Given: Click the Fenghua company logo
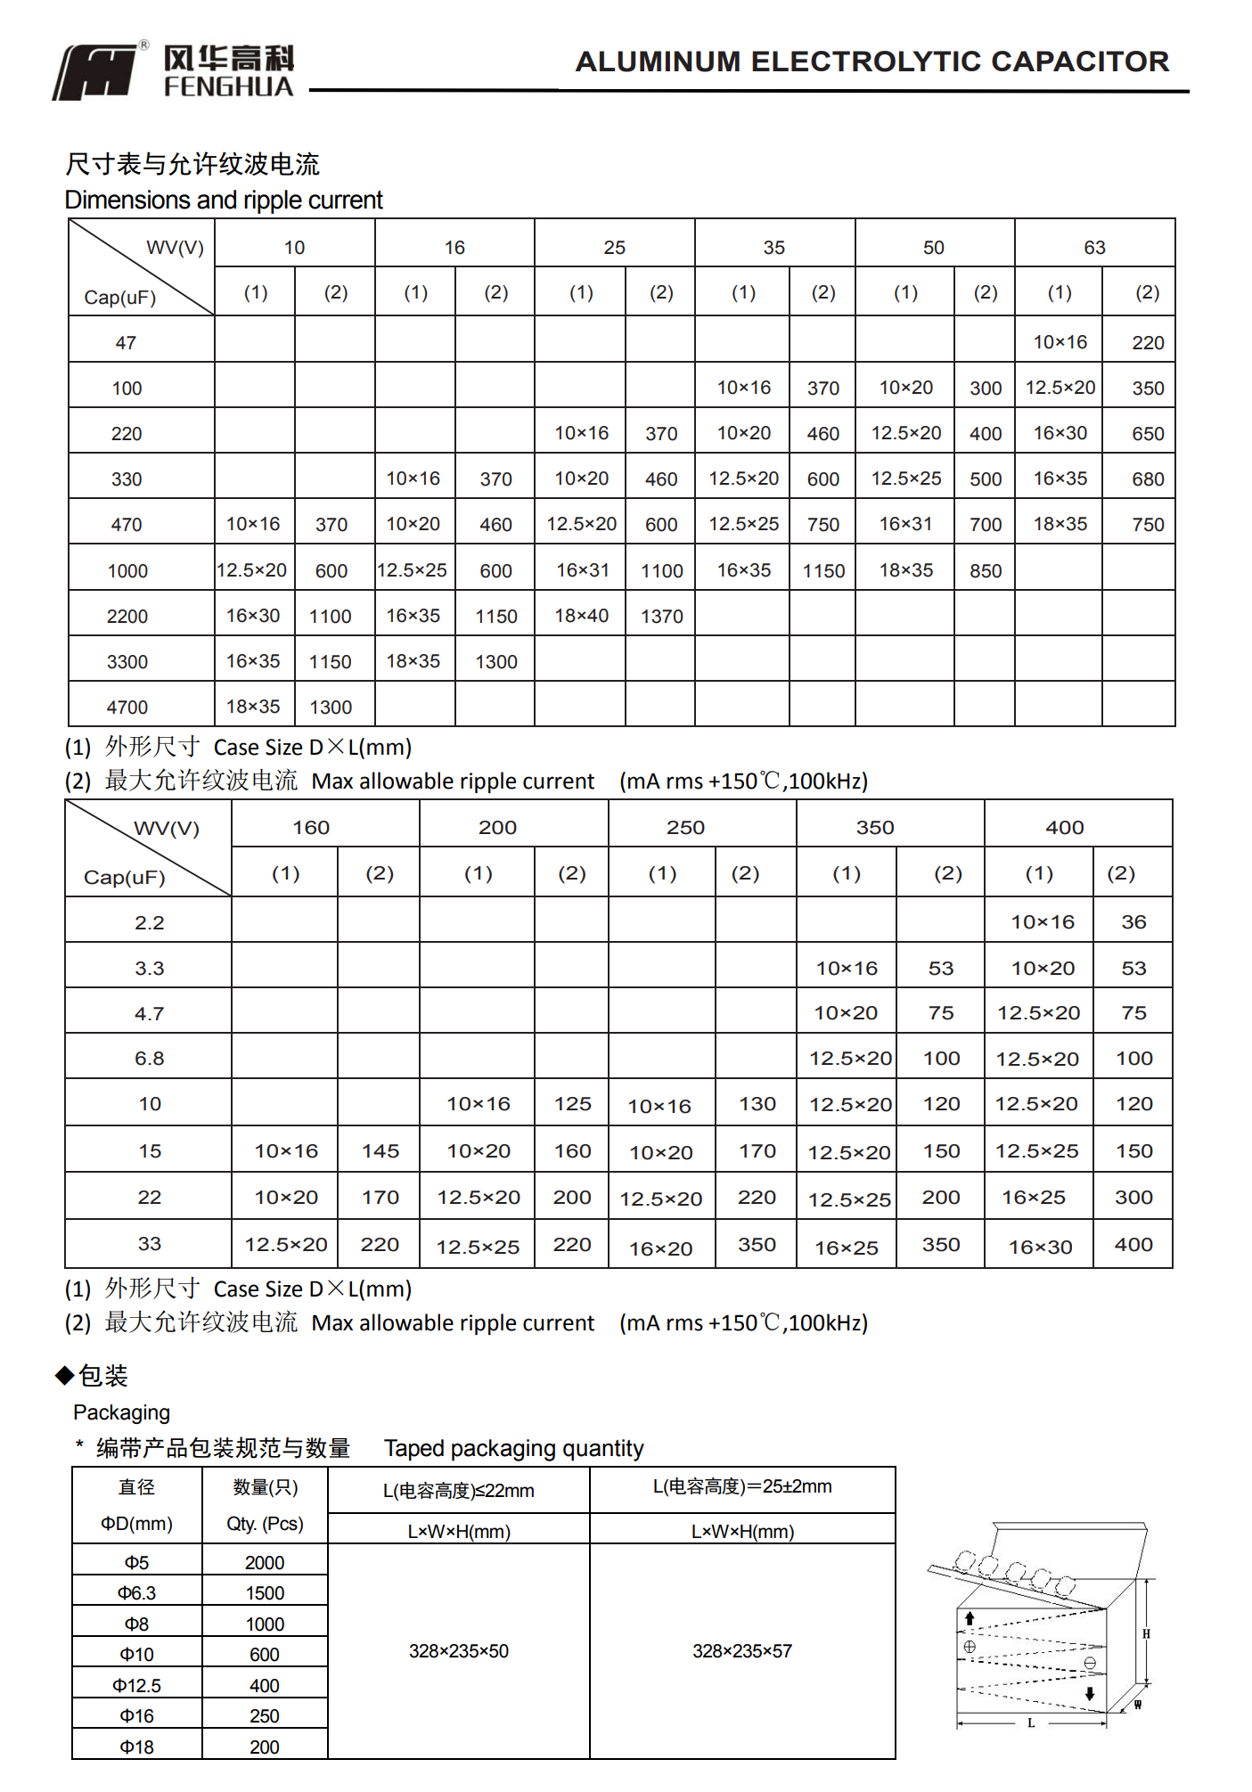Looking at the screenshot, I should pos(174,71).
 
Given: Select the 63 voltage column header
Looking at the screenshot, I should pos(1094,248).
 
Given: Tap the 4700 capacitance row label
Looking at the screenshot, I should pos(127,708).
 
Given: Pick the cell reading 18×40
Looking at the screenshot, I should pos(581,616).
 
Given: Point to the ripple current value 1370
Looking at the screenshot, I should pos(661,617).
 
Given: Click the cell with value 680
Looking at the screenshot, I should pos(1148,479).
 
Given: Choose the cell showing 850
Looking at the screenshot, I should pos(986,571).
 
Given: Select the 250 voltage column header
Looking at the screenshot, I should pos(685,828).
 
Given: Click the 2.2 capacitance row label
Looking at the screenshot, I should pos(150,923).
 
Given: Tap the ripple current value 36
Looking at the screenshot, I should pos(1133,922).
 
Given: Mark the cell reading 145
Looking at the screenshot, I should pos(380,1151).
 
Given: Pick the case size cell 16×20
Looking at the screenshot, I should pos(660,1249).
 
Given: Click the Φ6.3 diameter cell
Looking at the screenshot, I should pos(136,1593).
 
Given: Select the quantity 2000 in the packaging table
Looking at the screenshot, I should pos(265,1563).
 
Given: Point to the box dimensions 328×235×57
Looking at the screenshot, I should pos(742,1651).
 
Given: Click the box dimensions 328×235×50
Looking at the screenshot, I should pos(458,1651).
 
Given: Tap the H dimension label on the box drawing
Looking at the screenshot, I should pos(1146,1634).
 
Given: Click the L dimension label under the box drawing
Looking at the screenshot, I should pos(1031,1723).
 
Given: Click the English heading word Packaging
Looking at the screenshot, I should pos(121,1412).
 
